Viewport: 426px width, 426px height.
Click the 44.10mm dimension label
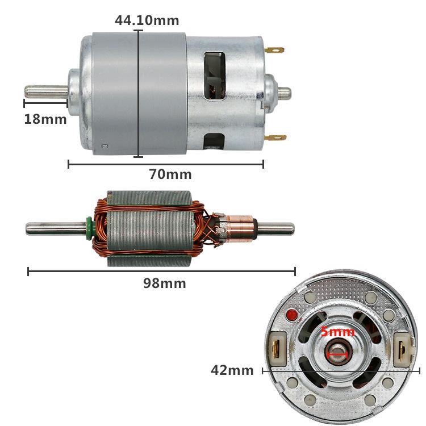(x=147, y=21)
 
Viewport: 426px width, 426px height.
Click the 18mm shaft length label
(x=45, y=119)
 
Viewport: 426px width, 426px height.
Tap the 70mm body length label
(x=170, y=174)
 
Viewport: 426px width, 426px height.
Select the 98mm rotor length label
(x=164, y=283)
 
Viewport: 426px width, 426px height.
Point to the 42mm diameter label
(x=232, y=370)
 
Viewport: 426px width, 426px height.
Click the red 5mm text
(x=337, y=332)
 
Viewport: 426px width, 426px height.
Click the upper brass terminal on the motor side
(x=274, y=50)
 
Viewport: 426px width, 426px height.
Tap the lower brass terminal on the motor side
(x=275, y=137)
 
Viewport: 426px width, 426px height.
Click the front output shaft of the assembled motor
(x=45, y=91)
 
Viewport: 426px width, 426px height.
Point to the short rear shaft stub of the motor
(x=283, y=93)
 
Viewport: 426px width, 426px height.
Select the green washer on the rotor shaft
(x=90, y=228)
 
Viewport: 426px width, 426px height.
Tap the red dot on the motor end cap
(x=293, y=314)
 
